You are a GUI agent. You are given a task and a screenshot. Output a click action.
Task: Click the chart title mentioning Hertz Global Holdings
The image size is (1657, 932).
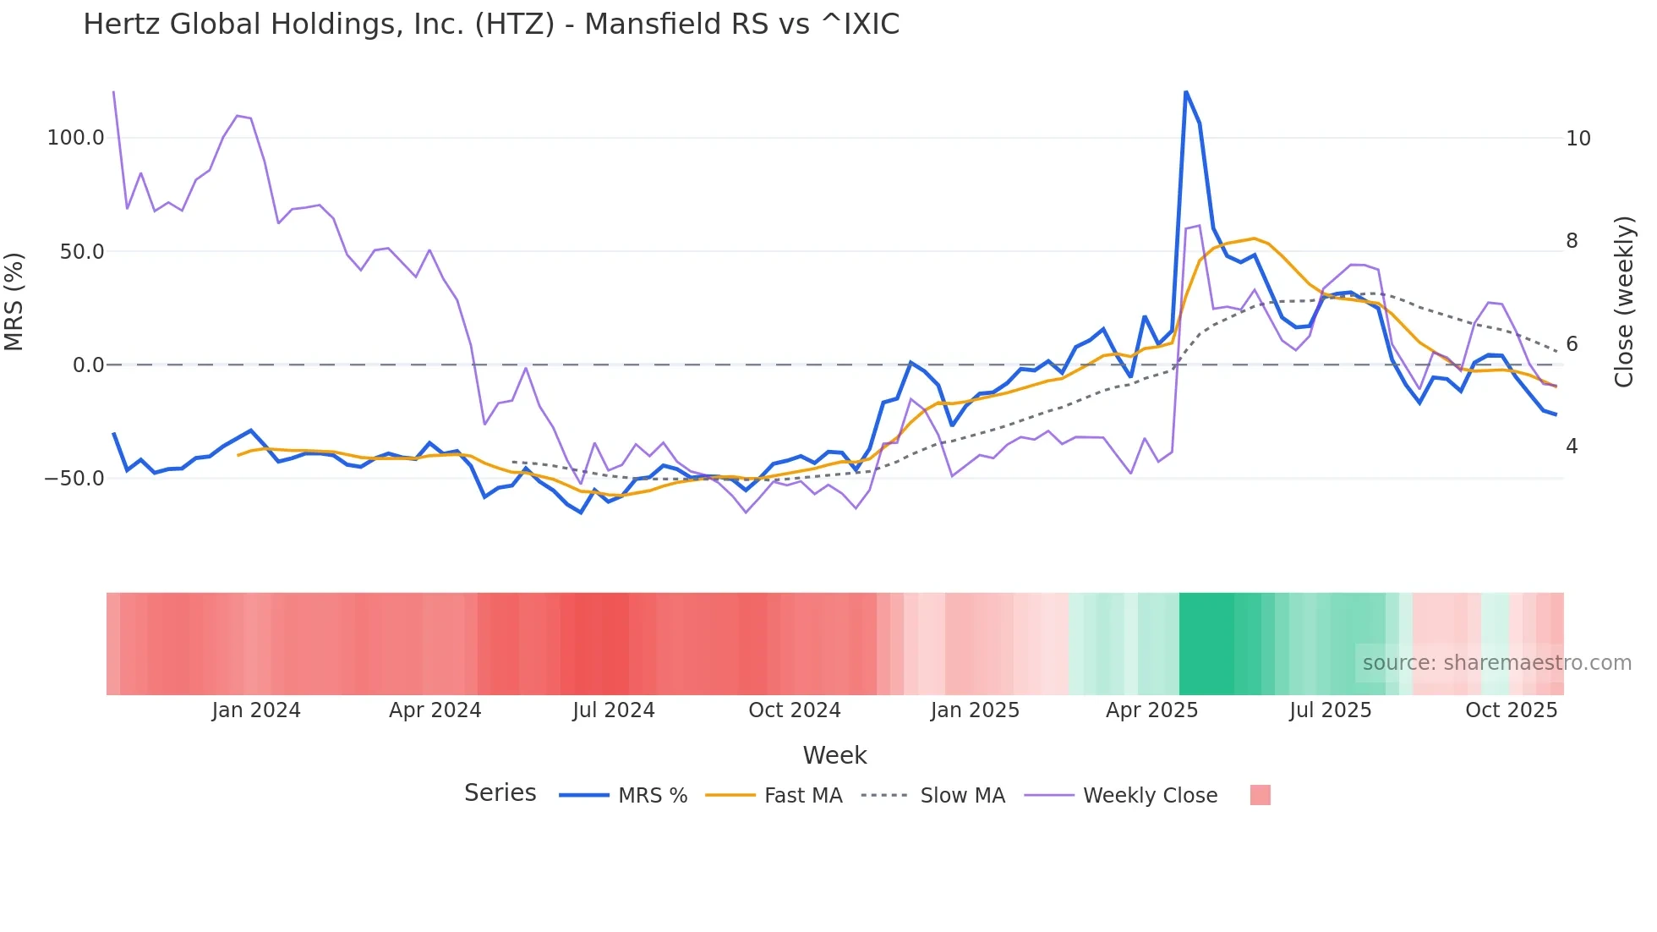click(x=491, y=25)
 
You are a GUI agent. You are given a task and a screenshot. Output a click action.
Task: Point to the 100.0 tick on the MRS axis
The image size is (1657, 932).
click(x=75, y=138)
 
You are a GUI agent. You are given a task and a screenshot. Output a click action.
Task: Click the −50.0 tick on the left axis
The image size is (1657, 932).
click(x=74, y=479)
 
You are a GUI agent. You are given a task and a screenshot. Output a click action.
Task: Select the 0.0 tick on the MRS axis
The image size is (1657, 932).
click(x=88, y=365)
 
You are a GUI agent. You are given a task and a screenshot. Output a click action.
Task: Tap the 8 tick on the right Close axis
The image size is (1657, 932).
click(x=1572, y=241)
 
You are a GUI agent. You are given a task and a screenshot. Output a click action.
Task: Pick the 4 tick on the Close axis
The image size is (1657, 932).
click(x=1572, y=446)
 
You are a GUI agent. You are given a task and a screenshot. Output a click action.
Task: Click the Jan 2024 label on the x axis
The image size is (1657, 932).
click(x=255, y=710)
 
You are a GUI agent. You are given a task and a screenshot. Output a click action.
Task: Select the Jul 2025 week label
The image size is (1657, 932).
click(x=1330, y=710)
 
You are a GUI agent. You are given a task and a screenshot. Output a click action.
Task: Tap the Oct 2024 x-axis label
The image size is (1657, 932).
click(x=794, y=710)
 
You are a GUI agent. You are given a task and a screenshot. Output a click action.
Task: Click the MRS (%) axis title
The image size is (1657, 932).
click(x=14, y=301)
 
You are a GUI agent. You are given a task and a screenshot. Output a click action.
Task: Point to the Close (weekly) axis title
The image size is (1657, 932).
click(x=1623, y=301)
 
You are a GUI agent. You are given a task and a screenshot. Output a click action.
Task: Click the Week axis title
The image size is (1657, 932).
click(x=834, y=755)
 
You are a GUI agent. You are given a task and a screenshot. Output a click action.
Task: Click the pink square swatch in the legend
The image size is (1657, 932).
click(x=1260, y=795)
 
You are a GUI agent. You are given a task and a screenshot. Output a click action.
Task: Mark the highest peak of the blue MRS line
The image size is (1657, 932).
click(x=1186, y=92)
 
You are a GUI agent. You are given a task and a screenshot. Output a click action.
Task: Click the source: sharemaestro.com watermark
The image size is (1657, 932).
click(x=1496, y=663)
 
